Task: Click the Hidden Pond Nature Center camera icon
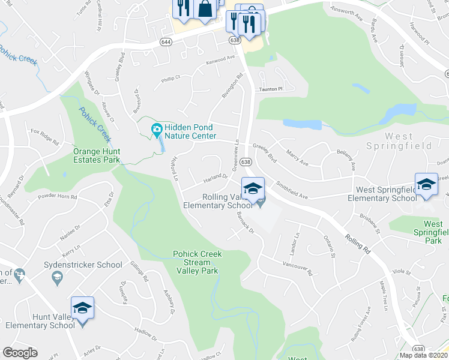click(x=157, y=128)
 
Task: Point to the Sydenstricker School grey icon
click(x=57, y=277)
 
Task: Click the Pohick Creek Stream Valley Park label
click(x=197, y=262)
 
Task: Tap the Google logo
click(x=20, y=353)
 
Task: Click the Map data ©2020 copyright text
click(x=424, y=355)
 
